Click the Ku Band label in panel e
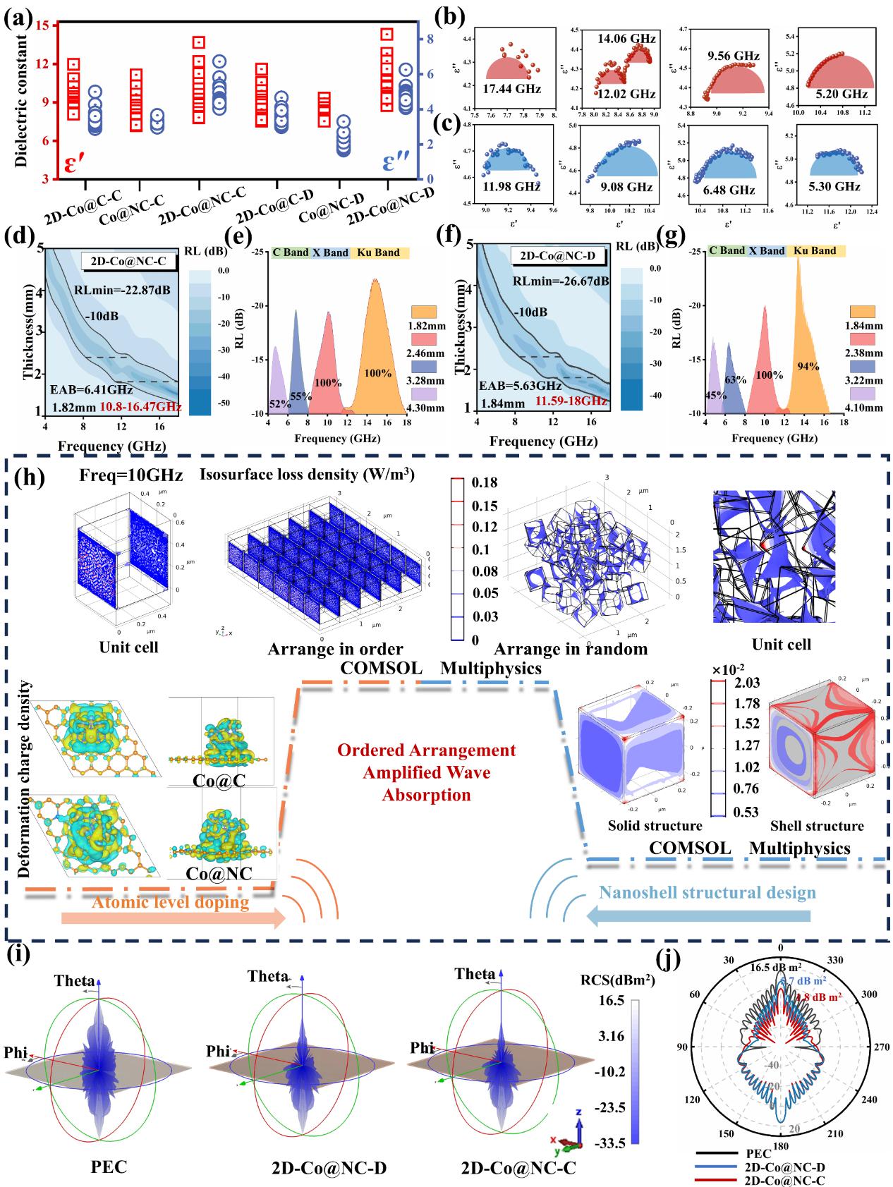click(x=379, y=252)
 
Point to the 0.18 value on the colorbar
click(x=485, y=482)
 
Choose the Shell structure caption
click(x=817, y=826)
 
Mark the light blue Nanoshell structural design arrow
click(x=698, y=916)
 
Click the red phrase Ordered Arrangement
click(x=426, y=750)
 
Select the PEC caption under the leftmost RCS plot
click(x=109, y=1166)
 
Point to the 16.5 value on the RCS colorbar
click(x=611, y=1002)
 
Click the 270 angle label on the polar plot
click(x=863, y=1048)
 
